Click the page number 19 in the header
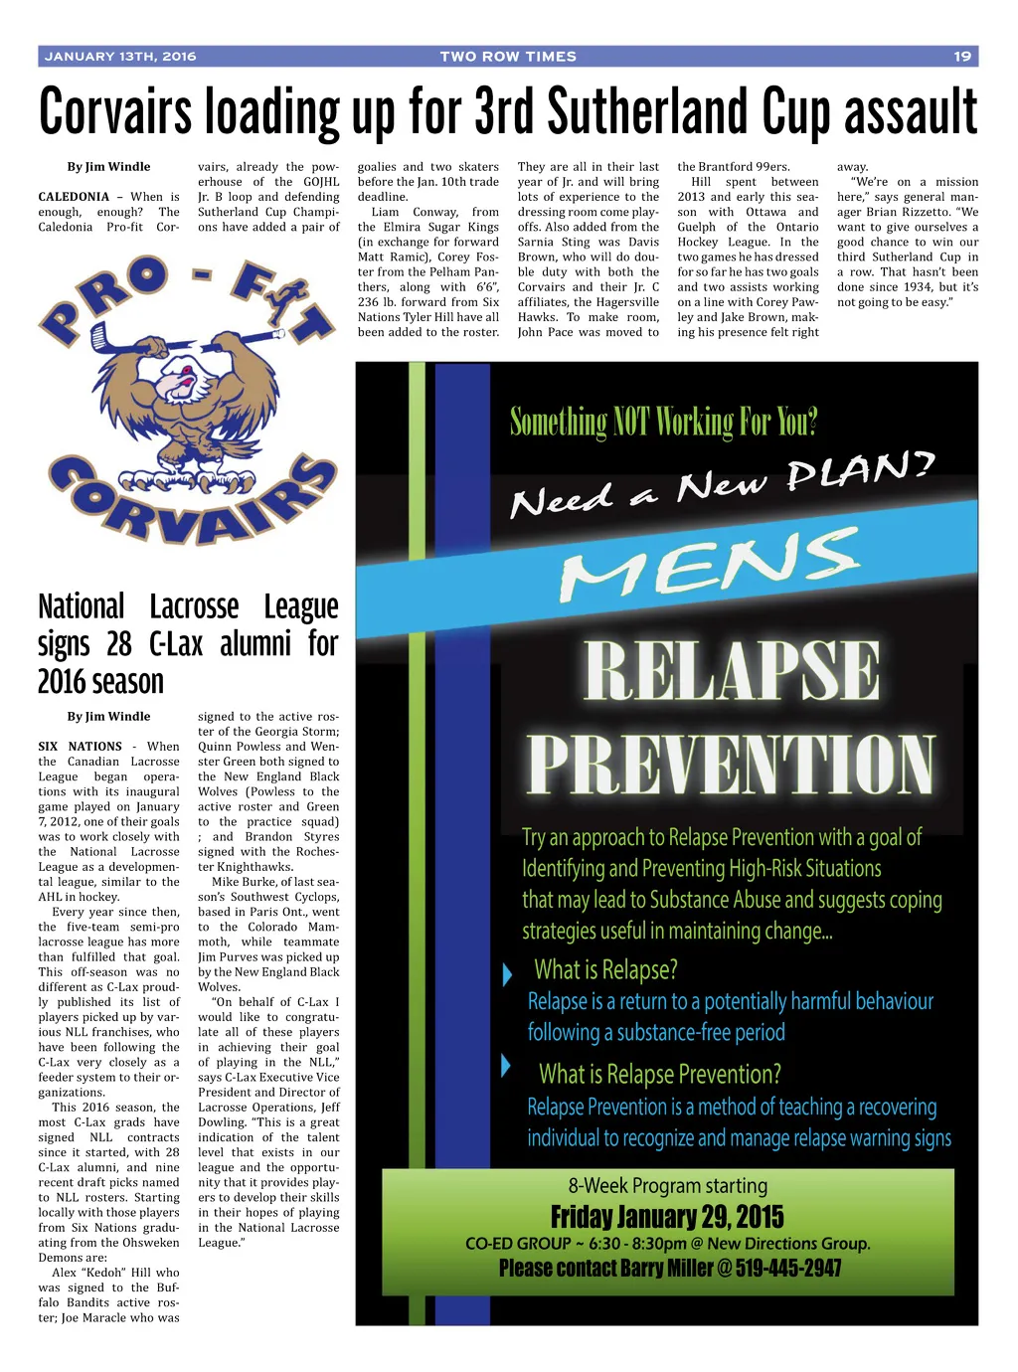(961, 57)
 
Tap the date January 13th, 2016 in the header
(120, 57)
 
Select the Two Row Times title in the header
(508, 57)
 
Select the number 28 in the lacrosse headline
(119, 644)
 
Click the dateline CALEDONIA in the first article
(74, 197)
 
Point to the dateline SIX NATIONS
(80, 747)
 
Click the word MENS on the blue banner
(708, 562)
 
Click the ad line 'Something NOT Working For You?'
(663, 422)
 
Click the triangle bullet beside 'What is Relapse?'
(508, 972)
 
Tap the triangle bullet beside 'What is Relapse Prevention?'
(506, 1067)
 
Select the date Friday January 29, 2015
(667, 1217)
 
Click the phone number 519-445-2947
(788, 1268)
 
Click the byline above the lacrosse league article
(108, 717)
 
